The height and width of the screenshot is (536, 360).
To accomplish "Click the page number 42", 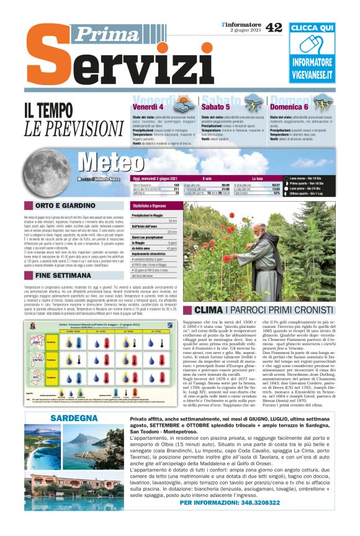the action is tap(274, 27).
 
